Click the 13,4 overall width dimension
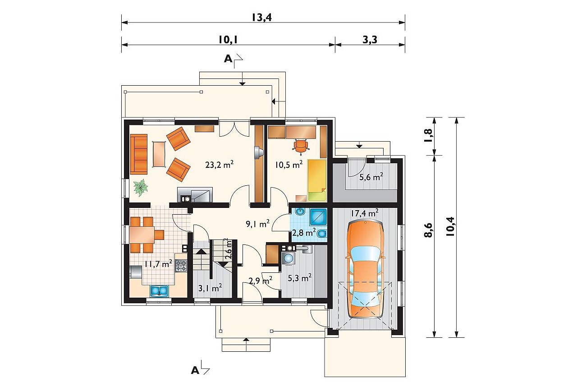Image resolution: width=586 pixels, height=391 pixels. (x=262, y=17)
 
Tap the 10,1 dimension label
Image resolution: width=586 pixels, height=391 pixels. (x=228, y=40)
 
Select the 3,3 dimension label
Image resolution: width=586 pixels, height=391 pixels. (x=370, y=40)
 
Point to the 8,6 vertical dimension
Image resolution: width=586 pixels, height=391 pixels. (x=428, y=230)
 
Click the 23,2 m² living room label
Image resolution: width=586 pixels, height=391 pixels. (x=219, y=164)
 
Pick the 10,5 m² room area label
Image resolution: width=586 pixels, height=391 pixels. (x=289, y=164)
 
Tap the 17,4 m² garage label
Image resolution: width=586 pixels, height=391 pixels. (x=365, y=213)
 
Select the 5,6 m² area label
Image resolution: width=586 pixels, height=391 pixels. (x=371, y=177)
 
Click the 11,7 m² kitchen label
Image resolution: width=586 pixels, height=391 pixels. (x=158, y=264)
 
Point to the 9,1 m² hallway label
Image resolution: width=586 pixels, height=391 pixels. (x=258, y=224)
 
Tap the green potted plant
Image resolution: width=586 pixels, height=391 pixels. (x=141, y=188)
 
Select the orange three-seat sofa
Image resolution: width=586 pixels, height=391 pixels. (x=139, y=154)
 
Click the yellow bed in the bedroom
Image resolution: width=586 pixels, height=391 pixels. (x=317, y=180)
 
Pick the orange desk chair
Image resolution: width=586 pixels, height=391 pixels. (x=301, y=146)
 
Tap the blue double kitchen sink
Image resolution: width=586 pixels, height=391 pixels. (x=159, y=291)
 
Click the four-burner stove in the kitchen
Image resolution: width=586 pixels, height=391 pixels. (x=181, y=265)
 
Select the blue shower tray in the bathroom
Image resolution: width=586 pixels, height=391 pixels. (x=318, y=217)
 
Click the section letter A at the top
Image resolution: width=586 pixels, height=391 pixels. (x=228, y=59)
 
